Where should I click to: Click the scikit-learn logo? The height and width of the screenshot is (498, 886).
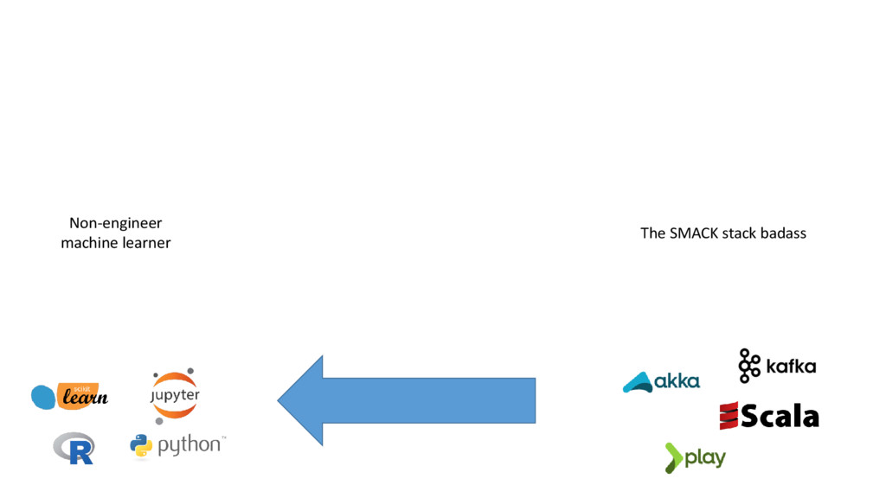70,396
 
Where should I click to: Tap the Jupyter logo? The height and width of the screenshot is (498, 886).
175,395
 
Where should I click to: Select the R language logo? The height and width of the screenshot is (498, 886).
74,448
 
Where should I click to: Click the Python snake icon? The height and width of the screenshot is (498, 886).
141,445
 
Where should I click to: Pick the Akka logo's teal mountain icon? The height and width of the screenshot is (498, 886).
638,382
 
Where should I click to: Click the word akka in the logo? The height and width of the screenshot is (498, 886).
677,380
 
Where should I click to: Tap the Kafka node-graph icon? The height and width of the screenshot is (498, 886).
748,366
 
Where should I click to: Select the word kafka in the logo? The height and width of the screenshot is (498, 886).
791,367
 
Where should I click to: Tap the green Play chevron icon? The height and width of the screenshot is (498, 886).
674,457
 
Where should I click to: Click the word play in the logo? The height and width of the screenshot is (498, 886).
705,457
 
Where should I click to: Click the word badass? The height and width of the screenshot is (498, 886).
783,233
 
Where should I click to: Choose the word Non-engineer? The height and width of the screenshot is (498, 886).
116,223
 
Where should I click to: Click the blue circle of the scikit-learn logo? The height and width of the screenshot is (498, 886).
43,397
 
